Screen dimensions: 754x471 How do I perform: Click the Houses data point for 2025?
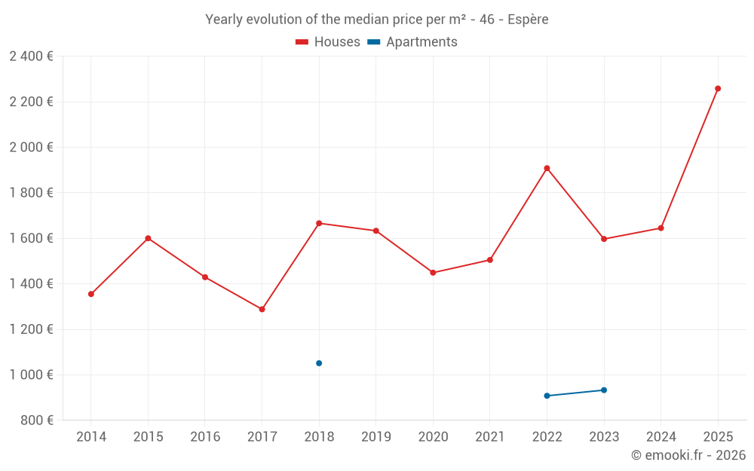click(718, 88)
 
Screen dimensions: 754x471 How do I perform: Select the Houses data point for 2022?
click(547, 168)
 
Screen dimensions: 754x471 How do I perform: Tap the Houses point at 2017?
click(262, 309)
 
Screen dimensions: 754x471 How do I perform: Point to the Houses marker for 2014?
click(91, 294)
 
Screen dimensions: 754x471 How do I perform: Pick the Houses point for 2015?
click(148, 238)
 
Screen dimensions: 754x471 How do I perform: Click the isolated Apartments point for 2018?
click(319, 363)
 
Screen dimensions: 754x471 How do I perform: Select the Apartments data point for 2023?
click(604, 390)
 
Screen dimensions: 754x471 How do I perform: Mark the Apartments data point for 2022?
click(547, 396)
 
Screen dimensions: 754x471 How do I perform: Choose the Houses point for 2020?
click(433, 273)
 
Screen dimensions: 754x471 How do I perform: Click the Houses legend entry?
click(328, 41)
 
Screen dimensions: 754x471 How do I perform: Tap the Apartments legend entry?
click(412, 41)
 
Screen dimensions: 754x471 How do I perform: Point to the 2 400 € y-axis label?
click(31, 57)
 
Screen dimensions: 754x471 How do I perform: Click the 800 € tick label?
click(37, 420)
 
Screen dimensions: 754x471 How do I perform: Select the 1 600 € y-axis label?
click(31, 238)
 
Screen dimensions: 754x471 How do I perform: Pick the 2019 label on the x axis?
click(376, 436)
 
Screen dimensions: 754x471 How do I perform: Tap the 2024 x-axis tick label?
click(661, 436)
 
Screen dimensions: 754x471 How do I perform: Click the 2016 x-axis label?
click(205, 436)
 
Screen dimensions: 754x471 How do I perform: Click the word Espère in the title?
click(528, 20)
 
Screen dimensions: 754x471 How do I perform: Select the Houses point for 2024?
click(661, 228)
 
